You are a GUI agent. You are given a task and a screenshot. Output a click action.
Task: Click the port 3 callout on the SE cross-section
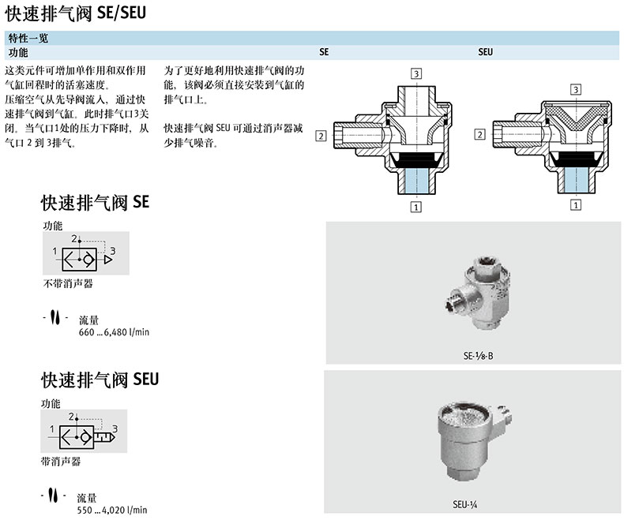click(x=416, y=74)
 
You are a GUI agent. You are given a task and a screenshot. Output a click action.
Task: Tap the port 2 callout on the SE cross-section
click(x=321, y=136)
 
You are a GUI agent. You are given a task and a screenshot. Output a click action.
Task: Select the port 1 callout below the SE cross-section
click(x=415, y=207)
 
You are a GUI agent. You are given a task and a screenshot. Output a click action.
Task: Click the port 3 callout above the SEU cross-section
click(x=576, y=89)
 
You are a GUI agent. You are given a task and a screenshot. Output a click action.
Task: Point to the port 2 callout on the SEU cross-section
click(x=480, y=134)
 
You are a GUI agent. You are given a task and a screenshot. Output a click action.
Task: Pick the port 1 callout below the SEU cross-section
click(x=576, y=205)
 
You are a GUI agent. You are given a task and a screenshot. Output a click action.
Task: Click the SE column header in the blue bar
click(x=324, y=52)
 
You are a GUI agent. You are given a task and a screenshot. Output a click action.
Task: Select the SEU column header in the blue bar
click(x=486, y=52)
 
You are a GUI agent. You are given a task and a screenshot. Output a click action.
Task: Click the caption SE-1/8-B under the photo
click(x=478, y=356)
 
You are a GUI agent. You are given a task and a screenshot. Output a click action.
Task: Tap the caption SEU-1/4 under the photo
click(x=464, y=504)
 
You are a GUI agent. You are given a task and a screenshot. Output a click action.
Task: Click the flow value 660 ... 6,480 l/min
click(x=114, y=332)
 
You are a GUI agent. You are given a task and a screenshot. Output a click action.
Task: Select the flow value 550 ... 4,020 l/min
click(x=112, y=510)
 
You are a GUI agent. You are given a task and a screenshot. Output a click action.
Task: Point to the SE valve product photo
click(x=478, y=293)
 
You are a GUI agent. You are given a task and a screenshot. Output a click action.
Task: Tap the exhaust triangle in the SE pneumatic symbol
click(x=108, y=260)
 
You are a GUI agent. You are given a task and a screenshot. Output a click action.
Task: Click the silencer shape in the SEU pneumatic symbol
click(x=104, y=437)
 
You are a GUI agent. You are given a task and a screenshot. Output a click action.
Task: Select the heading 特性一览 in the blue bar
click(x=28, y=38)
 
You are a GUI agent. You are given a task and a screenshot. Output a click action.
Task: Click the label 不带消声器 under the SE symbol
click(x=68, y=283)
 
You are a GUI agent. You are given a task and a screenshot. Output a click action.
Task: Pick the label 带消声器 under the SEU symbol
click(x=61, y=461)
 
